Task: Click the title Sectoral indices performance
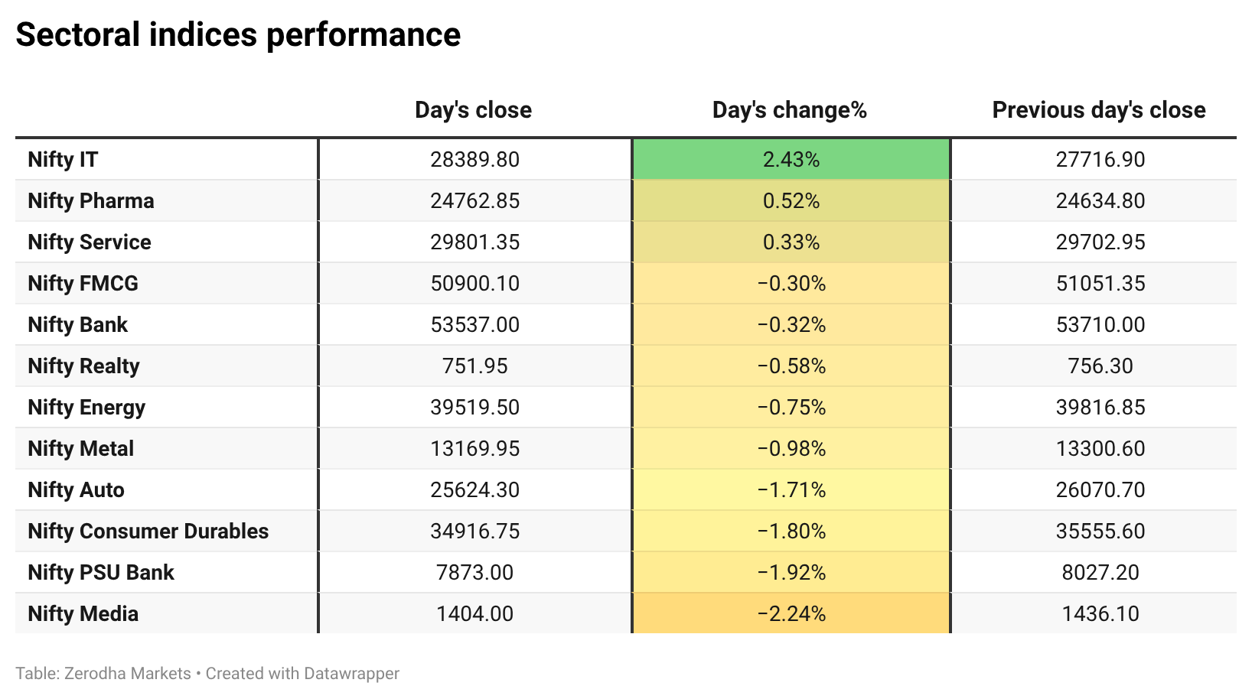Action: (x=238, y=34)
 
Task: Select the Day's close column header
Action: (x=474, y=110)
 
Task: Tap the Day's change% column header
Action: (x=790, y=110)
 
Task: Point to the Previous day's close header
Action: (x=1099, y=110)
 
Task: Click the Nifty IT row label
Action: (x=64, y=160)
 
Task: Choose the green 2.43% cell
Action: (x=791, y=160)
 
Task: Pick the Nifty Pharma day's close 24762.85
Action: (x=475, y=201)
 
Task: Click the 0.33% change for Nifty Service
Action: (x=791, y=242)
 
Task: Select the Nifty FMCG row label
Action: (x=83, y=284)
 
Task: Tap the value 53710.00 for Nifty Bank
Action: (x=1100, y=325)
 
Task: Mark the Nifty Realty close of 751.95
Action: (x=475, y=366)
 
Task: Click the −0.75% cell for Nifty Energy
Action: (x=791, y=408)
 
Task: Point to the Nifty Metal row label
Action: (x=81, y=449)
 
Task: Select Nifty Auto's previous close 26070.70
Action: (x=1100, y=490)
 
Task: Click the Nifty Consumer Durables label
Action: (x=148, y=532)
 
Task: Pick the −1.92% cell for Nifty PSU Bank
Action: (x=791, y=573)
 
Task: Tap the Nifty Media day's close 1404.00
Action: (x=475, y=614)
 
